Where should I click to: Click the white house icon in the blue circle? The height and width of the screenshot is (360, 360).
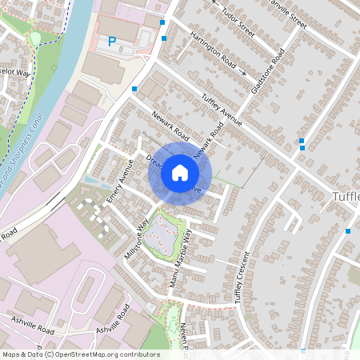(x=180, y=172)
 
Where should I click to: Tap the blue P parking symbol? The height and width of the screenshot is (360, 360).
(x=112, y=41)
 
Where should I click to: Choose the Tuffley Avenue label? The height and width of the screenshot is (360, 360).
(x=222, y=110)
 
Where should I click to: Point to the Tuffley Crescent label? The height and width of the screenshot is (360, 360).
(x=242, y=277)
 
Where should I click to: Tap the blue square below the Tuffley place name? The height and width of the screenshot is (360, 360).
(x=348, y=230)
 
